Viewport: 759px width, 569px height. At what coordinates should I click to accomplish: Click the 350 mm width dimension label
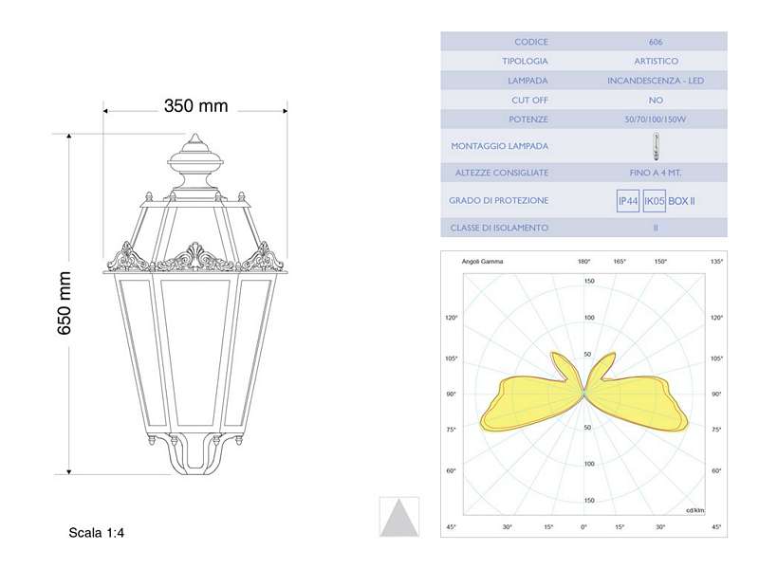[x=195, y=106]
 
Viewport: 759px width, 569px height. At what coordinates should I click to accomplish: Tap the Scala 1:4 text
[x=97, y=534]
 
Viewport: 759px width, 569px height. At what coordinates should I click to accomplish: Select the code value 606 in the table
[x=656, y=42]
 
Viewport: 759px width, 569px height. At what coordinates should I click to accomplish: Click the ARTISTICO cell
[x=656, y=61]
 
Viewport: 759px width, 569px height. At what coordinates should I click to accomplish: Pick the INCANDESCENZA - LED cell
[x=656, y=81]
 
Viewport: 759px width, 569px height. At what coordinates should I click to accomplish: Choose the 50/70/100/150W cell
[x=656, y=119]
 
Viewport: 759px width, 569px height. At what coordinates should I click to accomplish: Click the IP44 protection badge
[x=628, y=201]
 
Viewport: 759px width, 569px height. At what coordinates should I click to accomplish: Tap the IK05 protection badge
[x=654, y=201]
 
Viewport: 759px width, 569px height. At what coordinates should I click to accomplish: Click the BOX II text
[x=682, y=201]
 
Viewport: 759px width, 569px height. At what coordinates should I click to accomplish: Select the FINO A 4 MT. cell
[x=656, y=174]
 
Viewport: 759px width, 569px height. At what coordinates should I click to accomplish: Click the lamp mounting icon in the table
[x=655, y=147]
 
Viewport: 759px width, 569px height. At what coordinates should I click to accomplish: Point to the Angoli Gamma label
[x=482, y=261]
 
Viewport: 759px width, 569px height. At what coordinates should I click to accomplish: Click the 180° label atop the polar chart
[x=584, y=261]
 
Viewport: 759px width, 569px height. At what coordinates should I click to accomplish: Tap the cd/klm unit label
[x=694, y=510]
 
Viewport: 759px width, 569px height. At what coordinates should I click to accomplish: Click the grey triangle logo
[x=398, y=517]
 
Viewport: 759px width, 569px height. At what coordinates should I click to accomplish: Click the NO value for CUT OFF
[x=656, y=100]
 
